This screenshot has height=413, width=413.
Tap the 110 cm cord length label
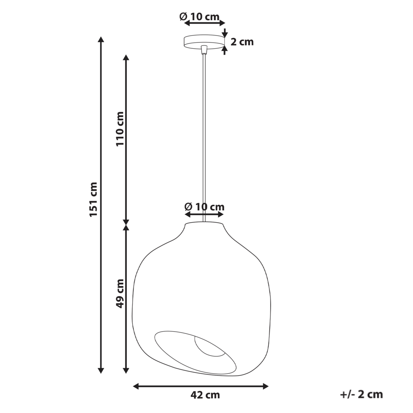(x=120, y=129)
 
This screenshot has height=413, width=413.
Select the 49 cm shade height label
(x=120, y=293)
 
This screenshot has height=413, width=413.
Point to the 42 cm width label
(x=205, y=395)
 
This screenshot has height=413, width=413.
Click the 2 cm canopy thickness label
(x=242, y=42)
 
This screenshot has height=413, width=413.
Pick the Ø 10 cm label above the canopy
(x=199, y=17)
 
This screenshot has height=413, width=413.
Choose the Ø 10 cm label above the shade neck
(x=204, y=206)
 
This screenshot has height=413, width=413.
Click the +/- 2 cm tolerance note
(x=362, y=394)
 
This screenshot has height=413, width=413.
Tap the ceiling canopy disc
(x=204, y=42)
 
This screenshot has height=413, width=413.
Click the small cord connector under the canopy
(x=204, y=50)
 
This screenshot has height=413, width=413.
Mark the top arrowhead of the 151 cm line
(x=100, y=40)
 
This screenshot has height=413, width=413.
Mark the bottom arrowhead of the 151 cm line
(x=100, y=370)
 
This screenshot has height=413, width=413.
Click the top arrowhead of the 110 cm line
(x=127, y=58)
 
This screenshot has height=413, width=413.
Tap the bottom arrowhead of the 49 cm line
(x=127, y=370)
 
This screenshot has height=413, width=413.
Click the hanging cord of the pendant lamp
(x=204, y=136)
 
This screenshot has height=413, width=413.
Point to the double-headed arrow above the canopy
(x=204, y=24)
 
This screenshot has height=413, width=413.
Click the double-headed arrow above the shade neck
(x=204, y=214)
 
